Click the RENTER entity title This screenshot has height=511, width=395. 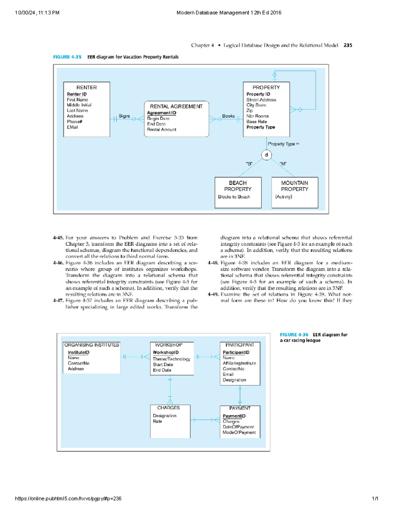(x=87, y=88)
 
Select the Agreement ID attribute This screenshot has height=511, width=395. (x=162, y=113)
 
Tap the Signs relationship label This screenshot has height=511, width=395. (x=124, y=116)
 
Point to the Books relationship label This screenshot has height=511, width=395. (x=228, y=116)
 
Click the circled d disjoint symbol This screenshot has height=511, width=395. (x=266, y=155)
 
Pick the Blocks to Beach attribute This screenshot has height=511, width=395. (x=234, y=197)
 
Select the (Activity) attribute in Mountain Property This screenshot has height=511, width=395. (x=283, y=197)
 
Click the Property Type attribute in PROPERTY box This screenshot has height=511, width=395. (x=261, y=127)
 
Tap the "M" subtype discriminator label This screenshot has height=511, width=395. (x=283, y=164)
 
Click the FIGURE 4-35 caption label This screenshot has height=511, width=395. (x=67, y=57)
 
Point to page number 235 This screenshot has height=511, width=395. (x=348, y=45)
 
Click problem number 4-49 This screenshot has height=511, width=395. (x=213, y=294)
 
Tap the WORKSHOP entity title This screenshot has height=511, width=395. (x=169, y=345)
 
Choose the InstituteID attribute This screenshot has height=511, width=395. (x=78, y=352)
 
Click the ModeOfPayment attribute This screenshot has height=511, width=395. (x=239, y=432)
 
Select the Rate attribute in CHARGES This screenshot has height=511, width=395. (x=157, y=421)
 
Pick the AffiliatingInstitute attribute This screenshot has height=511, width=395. (x=239, y=363)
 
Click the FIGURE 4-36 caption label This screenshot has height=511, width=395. (x=294, y=335)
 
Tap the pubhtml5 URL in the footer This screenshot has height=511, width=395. (x=68, y=498)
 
